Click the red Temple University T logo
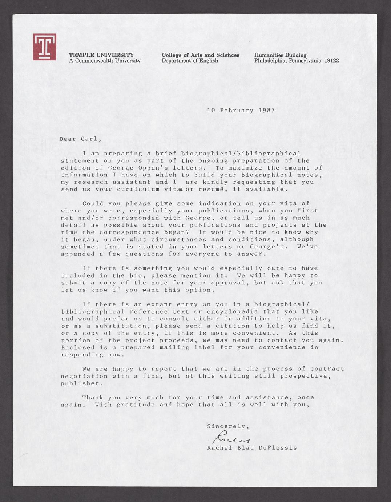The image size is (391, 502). click(44, 47)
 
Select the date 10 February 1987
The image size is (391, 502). click(241, 110)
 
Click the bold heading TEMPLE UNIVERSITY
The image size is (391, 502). click(101, 55)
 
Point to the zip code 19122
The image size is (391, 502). click(331, 60)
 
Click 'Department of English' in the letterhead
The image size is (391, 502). click(190, 60)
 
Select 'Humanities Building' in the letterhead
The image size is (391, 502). click(280, 55)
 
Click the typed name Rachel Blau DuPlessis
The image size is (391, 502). click(252, 447)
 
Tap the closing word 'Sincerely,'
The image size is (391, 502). click(228, 426)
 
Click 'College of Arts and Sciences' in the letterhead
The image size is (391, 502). click(200, 55)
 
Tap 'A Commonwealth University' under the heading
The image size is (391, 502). click(105, 60)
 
